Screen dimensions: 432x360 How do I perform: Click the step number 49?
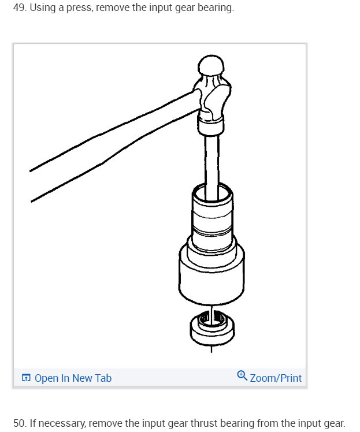(x=19, y=9)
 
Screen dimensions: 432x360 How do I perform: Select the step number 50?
(x=19, y=423)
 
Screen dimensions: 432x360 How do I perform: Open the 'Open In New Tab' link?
(x=73, y=378)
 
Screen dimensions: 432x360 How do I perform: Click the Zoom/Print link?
(x=276, y=378)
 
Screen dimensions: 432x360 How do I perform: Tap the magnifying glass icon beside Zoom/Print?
(x=243, y=377)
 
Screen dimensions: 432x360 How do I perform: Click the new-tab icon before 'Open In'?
(x=25, y=378)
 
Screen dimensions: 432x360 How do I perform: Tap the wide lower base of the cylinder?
(x=211, y=271)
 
